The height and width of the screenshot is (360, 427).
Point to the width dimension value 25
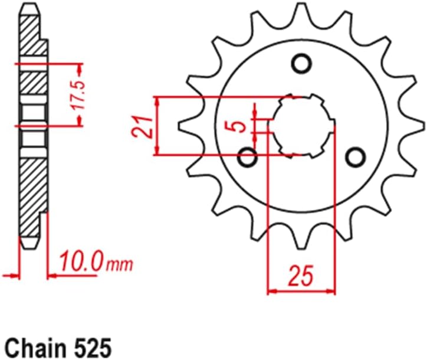(301, 275)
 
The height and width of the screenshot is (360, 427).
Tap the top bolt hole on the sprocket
(301, 62)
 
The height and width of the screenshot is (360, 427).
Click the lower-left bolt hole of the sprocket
(248, 158)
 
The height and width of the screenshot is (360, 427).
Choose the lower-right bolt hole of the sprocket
(355, 157)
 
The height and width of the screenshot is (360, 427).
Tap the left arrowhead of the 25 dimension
(272, 290)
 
